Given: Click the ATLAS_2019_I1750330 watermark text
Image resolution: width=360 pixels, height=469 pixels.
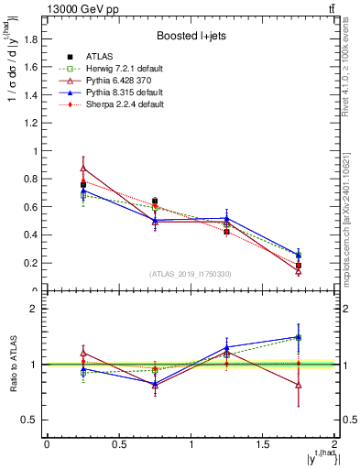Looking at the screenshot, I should [191, 274].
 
